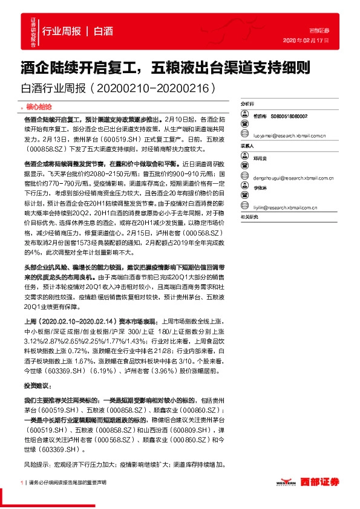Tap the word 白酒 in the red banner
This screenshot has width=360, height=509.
(x=103, y=31)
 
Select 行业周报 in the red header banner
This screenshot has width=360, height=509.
(x=62, y=31)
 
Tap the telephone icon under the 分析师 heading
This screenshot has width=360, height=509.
(x=245, y=115)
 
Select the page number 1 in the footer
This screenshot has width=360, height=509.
(x=21, y=482)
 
